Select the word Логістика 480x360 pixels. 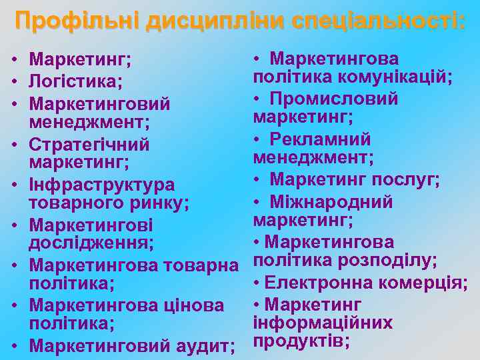75,82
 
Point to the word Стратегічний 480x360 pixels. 89,145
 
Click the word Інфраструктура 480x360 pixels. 102,185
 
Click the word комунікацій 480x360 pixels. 395,77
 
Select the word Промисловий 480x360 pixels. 334,99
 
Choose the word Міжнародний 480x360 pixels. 331,201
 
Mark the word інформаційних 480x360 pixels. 323,323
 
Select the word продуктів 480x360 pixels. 301,341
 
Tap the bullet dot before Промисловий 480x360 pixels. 257,99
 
